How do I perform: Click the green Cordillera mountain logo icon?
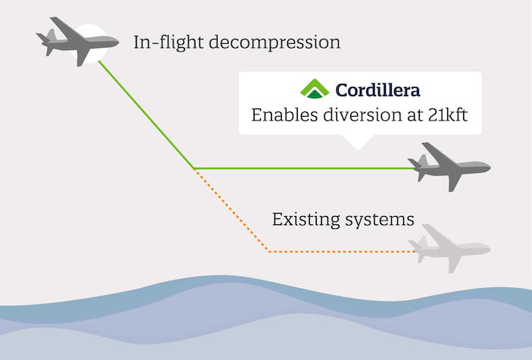(315, 89)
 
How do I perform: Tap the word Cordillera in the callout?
(377, 90)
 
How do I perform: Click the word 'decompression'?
(274, 43)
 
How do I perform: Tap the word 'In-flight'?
(169, 42)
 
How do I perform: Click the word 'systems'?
(380, 221)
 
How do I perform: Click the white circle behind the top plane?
(89, 43)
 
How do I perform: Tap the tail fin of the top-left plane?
(51, 35)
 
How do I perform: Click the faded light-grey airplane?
(449, 249)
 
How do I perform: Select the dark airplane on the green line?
(449, 167)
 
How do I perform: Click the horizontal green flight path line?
(305, 168)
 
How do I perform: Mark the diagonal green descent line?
(146, 114)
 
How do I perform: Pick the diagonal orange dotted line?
(231, 211)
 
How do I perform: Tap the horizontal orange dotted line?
(342, 252)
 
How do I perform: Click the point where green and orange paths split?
(195, 169)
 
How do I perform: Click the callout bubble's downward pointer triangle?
(358, 141)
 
